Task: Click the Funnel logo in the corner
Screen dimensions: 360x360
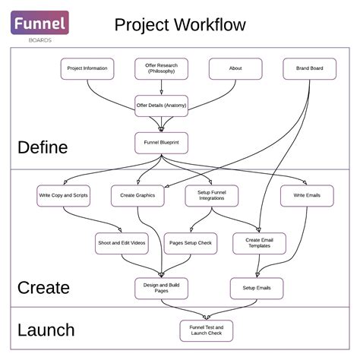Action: [39, 24]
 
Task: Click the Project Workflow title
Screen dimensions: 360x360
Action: [180, 25]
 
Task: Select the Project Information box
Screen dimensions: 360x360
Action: [87, 68]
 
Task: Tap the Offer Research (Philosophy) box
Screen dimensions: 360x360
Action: [161, 68]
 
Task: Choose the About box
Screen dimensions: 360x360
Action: [235, 68]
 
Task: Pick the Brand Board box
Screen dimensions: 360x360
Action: [309, 68]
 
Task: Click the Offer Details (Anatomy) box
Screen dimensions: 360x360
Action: [161, 105]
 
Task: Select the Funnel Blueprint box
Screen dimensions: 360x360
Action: [161, 143]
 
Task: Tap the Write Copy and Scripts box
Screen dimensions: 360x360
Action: [63, 196]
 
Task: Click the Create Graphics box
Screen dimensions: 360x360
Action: [137, 196]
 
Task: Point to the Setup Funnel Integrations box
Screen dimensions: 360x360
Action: [212, 196]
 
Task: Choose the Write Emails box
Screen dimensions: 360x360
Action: [307, 196]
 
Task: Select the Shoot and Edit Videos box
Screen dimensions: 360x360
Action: [121, 243]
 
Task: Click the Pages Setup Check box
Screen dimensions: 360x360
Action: [191, 243]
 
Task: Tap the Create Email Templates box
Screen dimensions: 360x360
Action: [259, 243]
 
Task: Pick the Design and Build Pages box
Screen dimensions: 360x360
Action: [161, 288]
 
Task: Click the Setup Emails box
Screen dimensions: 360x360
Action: [257, 288]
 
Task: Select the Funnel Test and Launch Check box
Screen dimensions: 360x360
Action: [206, 330]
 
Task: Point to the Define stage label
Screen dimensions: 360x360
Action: [43, 147]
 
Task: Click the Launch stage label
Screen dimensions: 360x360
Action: [46, 330]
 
